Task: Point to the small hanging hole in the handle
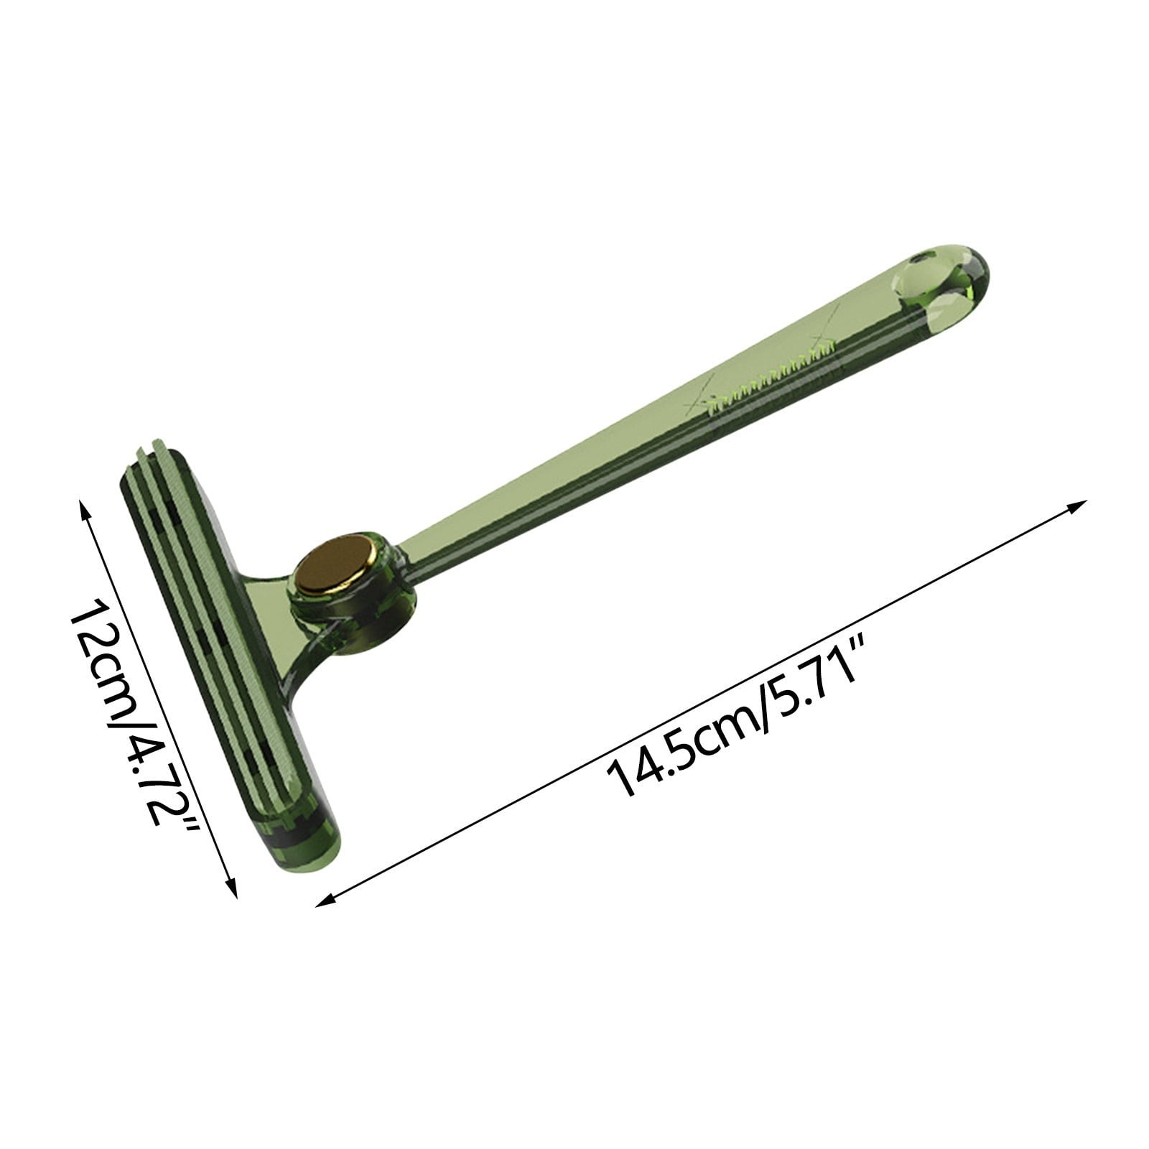(917, 256)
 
